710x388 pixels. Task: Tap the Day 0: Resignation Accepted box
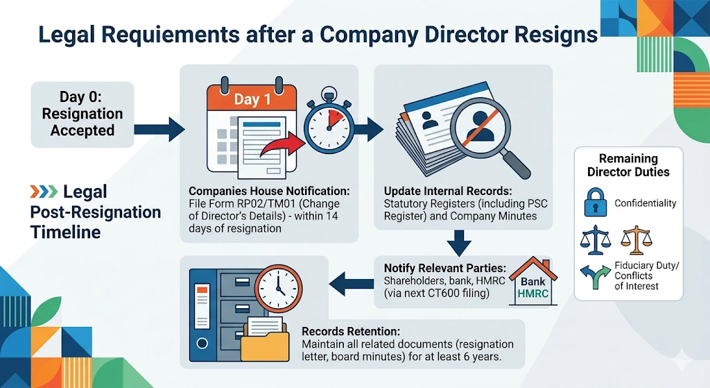pyautogui.click(x=82, y=114)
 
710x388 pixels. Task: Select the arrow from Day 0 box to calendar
pyautogui.click(x=158, y=128)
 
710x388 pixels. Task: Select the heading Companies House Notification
pyautogui.click(x=270, y=190)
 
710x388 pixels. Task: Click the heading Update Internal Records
pyautogui.click(x=439, y=190)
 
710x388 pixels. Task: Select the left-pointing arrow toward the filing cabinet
pyautogui.click(x=350, y=282)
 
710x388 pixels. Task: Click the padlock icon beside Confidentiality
pyautogui.click(x=594, y=203)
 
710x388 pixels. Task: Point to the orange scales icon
pyautogui.click(x=633, y=240)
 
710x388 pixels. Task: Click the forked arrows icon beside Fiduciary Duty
pyautogui.click(x=594, y=276)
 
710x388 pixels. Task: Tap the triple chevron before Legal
pyautogui.click(x=43, y=192)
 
